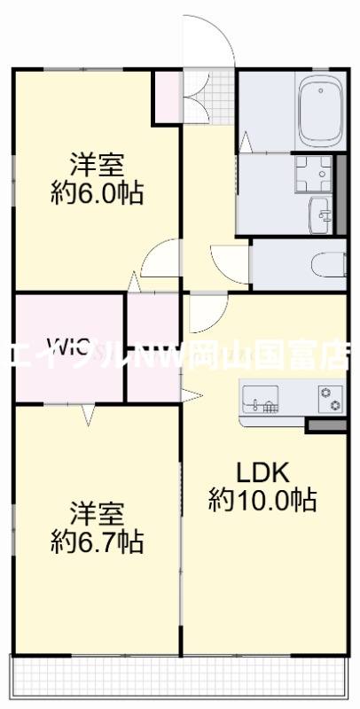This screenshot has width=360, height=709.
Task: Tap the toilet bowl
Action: (x=329, y=263)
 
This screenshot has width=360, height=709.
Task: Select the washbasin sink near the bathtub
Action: (x=319, y=213)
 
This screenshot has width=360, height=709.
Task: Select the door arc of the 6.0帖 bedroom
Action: (x=160, y=257)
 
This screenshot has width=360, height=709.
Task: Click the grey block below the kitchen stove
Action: (x=325, y=425)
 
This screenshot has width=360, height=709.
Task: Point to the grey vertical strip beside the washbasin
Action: (x=340, y=195)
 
